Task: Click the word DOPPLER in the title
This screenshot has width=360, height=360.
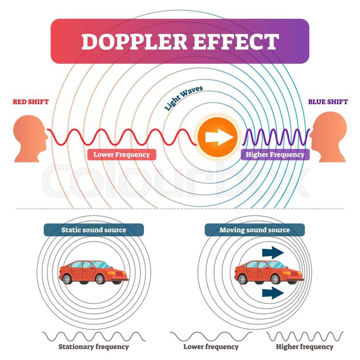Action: [x=134, y=41]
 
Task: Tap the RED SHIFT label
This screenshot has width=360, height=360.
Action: [x=31, y=102]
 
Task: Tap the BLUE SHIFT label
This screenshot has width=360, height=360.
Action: [x=328, y=102]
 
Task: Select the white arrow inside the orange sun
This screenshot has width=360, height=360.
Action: [x=219, y=137]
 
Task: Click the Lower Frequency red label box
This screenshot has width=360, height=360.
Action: [x=121, y=154]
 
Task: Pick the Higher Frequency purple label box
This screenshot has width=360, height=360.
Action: [x=275, y=154]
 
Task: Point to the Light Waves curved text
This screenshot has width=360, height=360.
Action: [x=184, y=98]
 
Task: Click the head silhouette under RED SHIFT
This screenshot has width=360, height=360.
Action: [x=31, y=139]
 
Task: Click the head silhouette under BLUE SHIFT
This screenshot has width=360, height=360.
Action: [x=328, y=137]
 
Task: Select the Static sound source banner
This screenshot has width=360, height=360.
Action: [x=94, y=230]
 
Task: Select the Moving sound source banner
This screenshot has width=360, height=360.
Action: [x=255, y=230]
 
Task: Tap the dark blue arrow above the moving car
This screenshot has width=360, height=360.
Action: [x=273, y=252]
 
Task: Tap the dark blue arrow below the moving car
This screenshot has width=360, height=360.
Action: [x=273, y=293]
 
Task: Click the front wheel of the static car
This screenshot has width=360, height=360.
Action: [x=99, y=279]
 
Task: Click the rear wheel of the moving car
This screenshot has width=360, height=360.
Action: [x=242, y=279]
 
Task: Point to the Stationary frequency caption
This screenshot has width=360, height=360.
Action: [x=94, y=346]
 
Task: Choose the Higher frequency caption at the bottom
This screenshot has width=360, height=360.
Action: [x=305, y=346]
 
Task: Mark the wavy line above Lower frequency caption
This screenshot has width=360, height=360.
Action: [x=211, y=336]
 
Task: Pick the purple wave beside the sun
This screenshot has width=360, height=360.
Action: [x=276, y=137]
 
